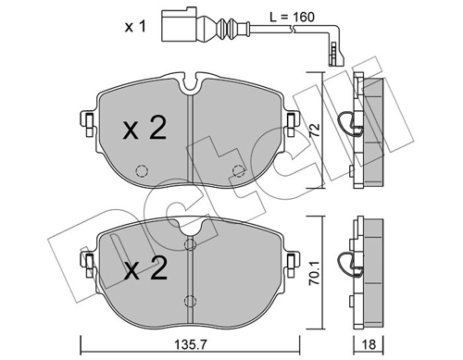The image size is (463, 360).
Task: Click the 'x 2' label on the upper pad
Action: click(144, 129)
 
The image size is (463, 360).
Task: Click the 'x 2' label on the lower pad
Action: click(146, 272)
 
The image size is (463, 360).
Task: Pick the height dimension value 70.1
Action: click(315, 270)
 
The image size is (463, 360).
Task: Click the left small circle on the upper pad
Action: click(142, 171)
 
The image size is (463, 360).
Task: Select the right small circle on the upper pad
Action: click(238, 170)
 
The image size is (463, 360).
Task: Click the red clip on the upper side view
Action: click(345, 121)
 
